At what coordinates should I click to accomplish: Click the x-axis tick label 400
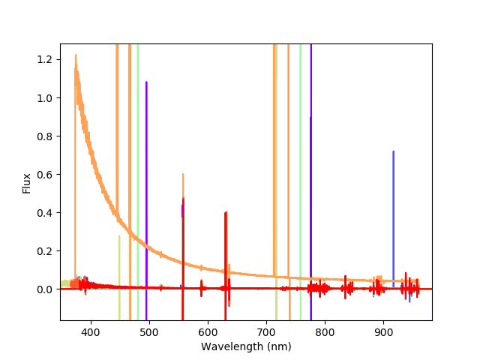tap(90, 331)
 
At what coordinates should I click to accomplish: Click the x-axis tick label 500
tap(148, 331)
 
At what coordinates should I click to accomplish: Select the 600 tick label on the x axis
tap(208, 331)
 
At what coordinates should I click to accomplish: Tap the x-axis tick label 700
tap(266, 331)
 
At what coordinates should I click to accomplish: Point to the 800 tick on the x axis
tap(325, 331)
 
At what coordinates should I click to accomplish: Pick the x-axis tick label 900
tap(383, 331)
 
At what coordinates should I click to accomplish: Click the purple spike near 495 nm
tap(146, 150)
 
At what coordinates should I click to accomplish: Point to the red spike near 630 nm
tap(226, 247)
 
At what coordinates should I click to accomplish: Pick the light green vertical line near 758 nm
tap(300, 150)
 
